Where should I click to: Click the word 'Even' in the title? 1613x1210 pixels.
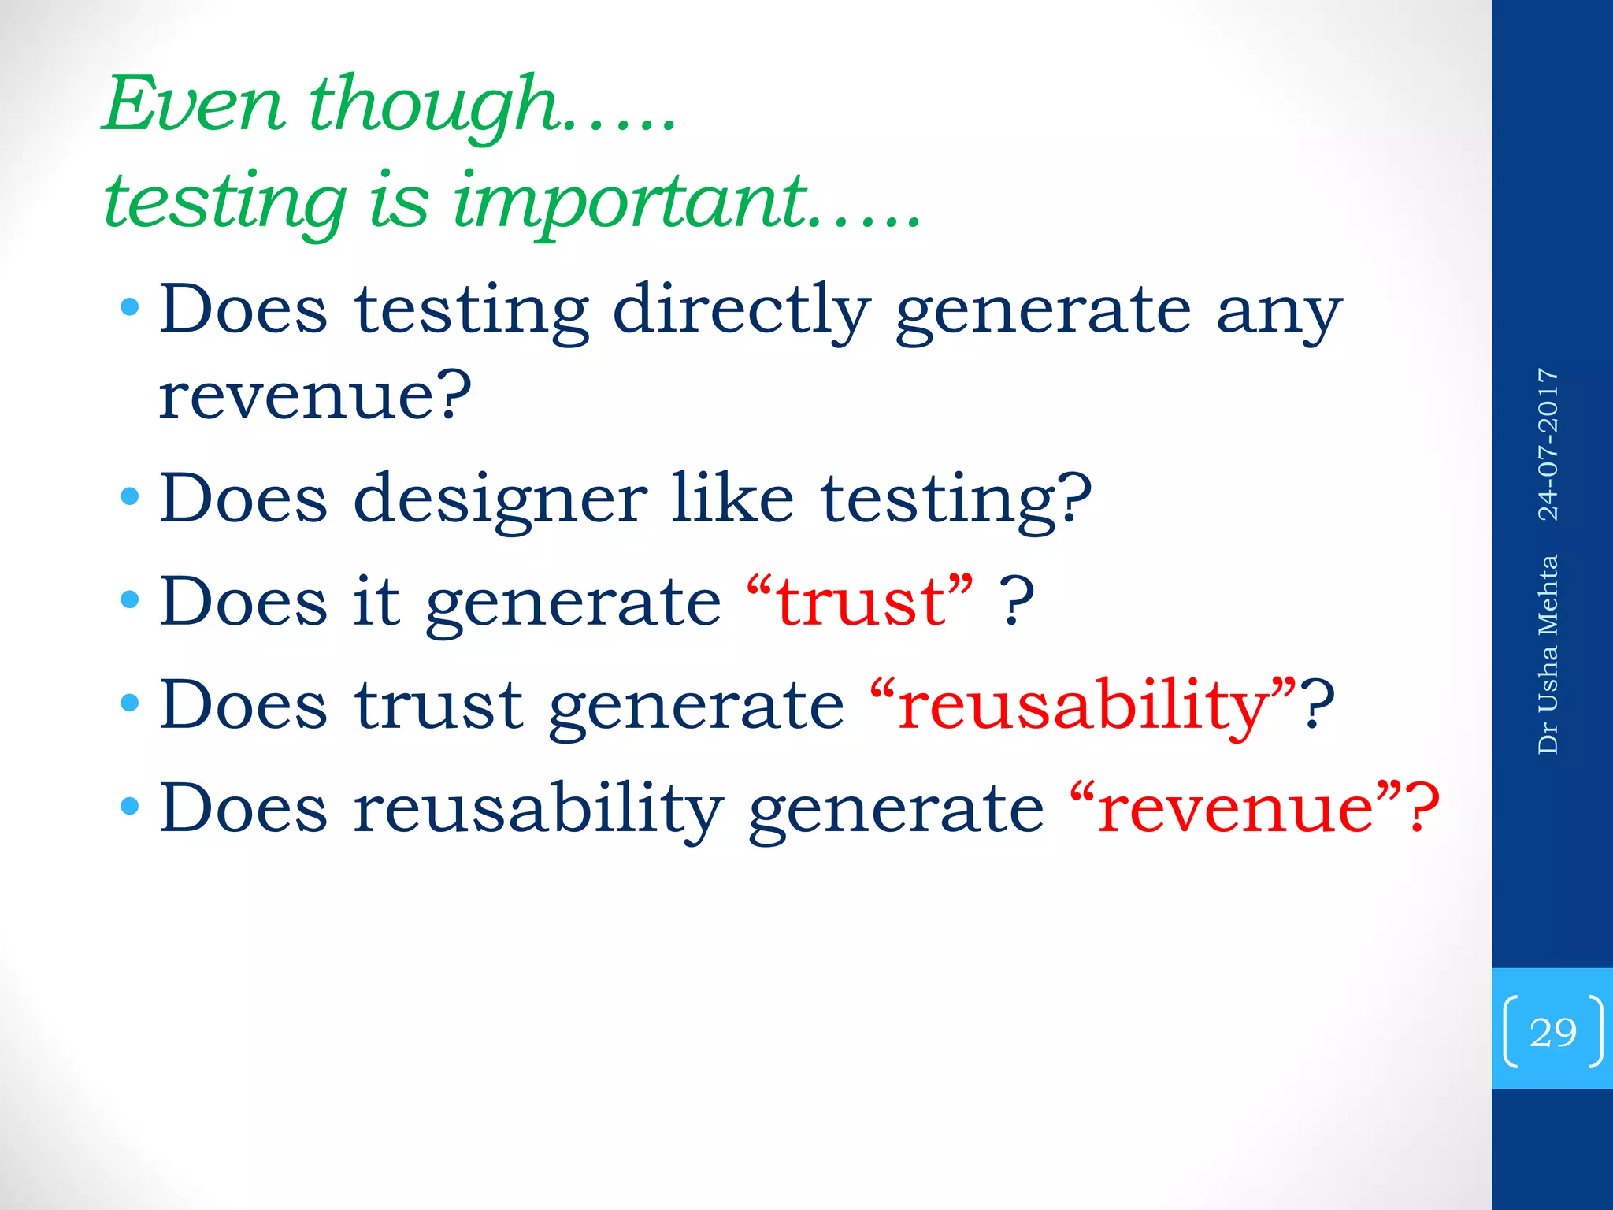(194, 104)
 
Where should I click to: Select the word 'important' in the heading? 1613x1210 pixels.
(630, 202)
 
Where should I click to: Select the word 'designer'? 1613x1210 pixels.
(500, 501)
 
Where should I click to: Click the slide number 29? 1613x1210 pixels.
(1552, 1032)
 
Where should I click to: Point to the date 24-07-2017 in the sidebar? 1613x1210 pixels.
(1548, 444)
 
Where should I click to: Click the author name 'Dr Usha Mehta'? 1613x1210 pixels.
(1548, 655)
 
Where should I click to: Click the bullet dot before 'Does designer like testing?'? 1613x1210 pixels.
(130, 496)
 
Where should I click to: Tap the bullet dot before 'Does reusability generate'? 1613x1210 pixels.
(130, 806)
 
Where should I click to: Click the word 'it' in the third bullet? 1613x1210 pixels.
(376, 601)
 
